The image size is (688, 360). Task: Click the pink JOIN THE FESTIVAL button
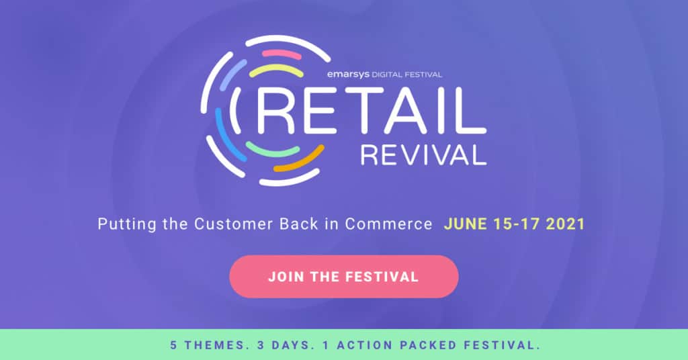(343, 276)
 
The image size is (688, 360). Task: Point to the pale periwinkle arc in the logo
(233, 73)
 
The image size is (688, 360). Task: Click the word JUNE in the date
(464, 224)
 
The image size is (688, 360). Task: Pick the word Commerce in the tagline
(389, 224)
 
